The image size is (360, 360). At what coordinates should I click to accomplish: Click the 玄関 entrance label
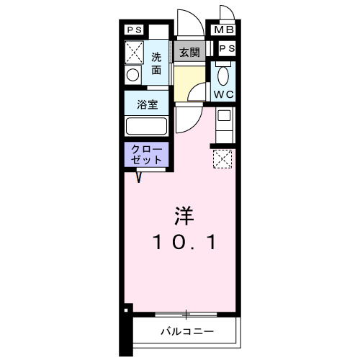click(189, 52)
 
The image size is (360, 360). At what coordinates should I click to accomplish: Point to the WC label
click(222, 94)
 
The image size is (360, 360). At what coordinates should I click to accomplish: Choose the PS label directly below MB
click(226, 48)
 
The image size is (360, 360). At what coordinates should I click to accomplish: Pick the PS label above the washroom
click(134, 30)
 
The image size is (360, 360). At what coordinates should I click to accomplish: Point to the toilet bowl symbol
click(222, 73)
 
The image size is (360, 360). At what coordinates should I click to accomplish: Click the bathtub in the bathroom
click(147, 127)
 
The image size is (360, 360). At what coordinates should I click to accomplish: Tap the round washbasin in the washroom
click(132, 75)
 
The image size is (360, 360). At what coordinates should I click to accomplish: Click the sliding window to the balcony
click(185, 315)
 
